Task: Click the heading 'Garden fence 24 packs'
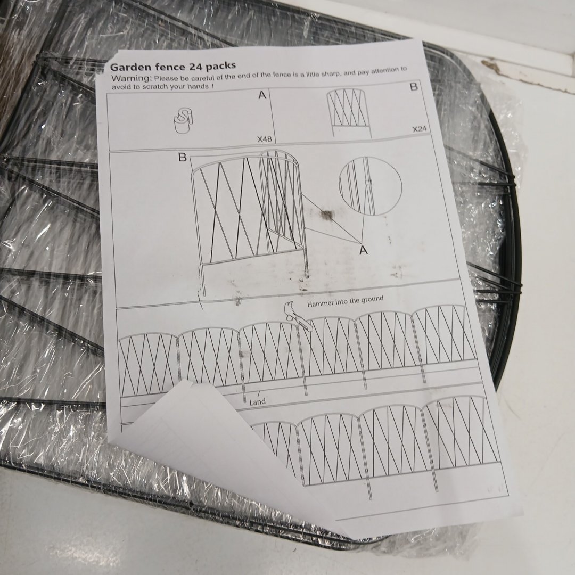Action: click(172, 67)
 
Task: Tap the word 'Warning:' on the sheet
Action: click(132, 78)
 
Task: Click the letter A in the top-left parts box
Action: click(262, 95)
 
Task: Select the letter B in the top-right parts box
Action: click(414, 87)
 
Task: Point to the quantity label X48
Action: click(265, 139)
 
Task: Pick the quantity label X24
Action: click(419, 129)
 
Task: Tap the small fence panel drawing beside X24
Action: click(348, 112)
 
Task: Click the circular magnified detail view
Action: click(370, 186)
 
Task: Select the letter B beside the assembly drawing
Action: click(182, 157)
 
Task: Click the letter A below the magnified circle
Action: click(364, 250)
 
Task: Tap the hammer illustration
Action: click(298, 316)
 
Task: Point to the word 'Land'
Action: click(257, 402)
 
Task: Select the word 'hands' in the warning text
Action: click(198, 86)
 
